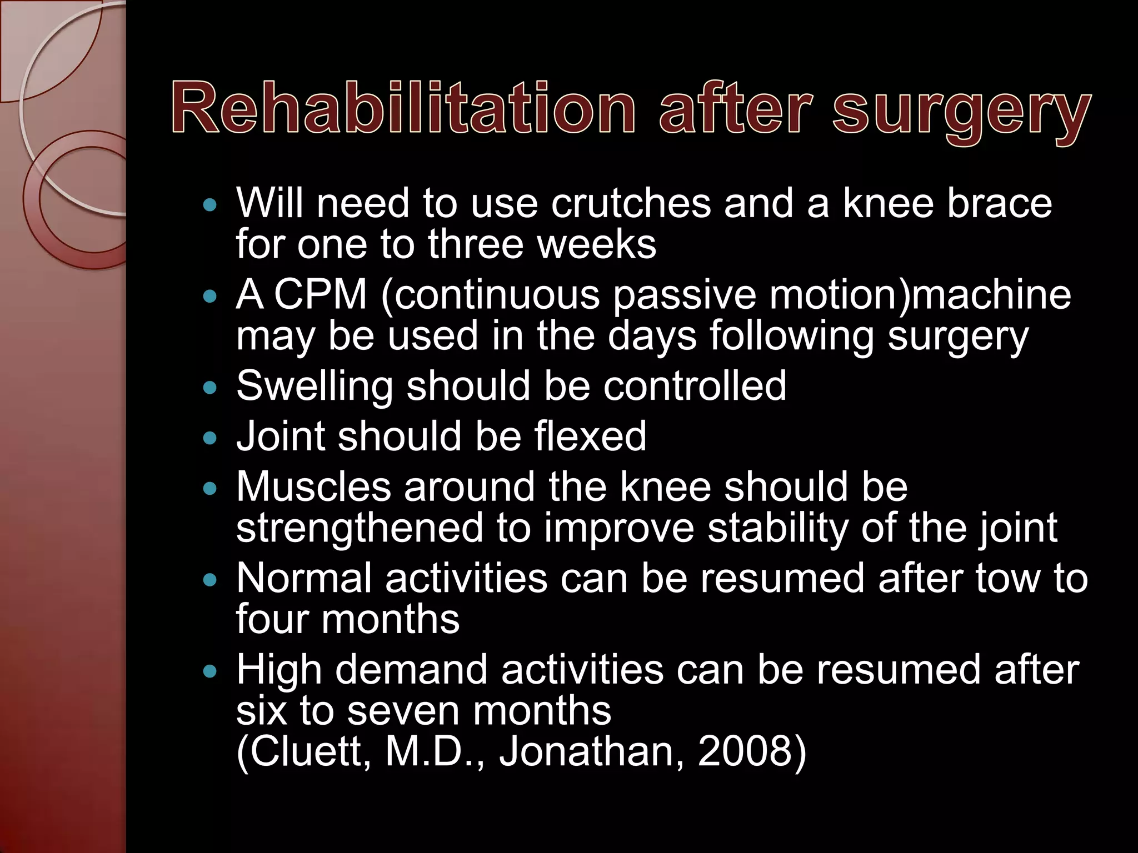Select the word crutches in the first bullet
[631, 203]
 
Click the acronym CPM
[321, 294]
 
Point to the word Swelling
[315, 387]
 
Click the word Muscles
[313, 487]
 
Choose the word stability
[778, 529]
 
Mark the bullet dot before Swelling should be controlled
[209, 388]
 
